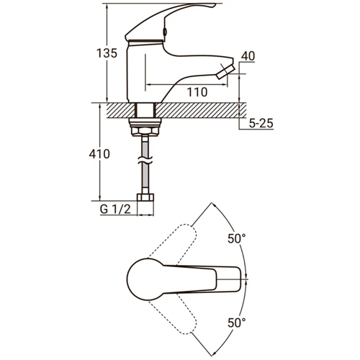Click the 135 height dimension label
click(x=107, y=53)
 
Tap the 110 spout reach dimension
click(x=197, y=92)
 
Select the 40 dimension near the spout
click(x=248, y=56)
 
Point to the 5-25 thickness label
click(x=261, y=123)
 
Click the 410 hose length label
click(x=99, y=154)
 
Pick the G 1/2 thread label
click(x=115, y=210)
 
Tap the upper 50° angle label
click(x=237, y=238)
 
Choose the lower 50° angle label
click(x=237, y=323)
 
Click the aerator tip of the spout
click(x=225, y=71)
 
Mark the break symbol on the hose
click(x=145, y=161)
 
